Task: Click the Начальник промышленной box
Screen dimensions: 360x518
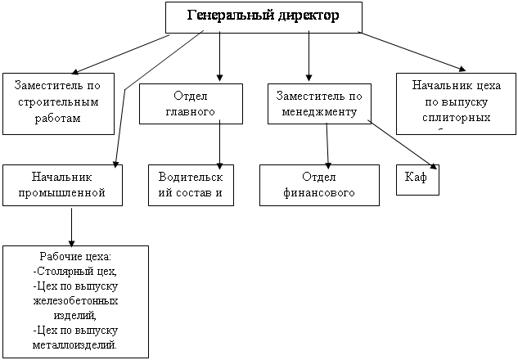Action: [x=62, y=184]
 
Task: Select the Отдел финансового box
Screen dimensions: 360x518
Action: [x=320, y=184]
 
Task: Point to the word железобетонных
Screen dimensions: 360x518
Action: [x=76, y=300]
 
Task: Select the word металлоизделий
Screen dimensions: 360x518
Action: [x=76, y=344]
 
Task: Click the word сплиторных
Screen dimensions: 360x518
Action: [x=452, y=117]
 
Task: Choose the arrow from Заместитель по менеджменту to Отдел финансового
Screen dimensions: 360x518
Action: [x=327, y=144]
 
